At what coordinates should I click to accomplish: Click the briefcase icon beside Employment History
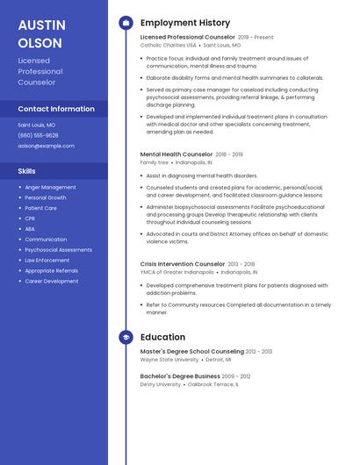point(126,23)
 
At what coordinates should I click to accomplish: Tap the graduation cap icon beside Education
point(126,337)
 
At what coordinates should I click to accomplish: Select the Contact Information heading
point(56,109)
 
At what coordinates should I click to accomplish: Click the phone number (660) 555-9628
point(38,135)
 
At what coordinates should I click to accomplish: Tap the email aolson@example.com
point(46,146)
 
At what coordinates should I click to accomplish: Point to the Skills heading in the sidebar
point(27,171)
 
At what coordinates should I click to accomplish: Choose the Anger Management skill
point(50,187)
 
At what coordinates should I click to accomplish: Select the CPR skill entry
point(30,218)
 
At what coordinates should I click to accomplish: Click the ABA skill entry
point(30,229)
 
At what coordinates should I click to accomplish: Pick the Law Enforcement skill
point(47,261)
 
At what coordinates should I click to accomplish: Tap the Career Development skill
point(51,282)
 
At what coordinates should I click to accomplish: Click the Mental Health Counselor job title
point(176,154)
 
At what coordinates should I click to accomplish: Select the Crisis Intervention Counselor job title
point(183,264)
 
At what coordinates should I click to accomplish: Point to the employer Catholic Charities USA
point(168,45)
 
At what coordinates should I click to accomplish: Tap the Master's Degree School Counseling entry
point(192,352)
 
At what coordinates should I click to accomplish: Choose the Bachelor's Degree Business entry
point(180,376)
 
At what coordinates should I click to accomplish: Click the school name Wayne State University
point(169,360)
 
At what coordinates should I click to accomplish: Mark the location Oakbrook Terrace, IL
point(212,384)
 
